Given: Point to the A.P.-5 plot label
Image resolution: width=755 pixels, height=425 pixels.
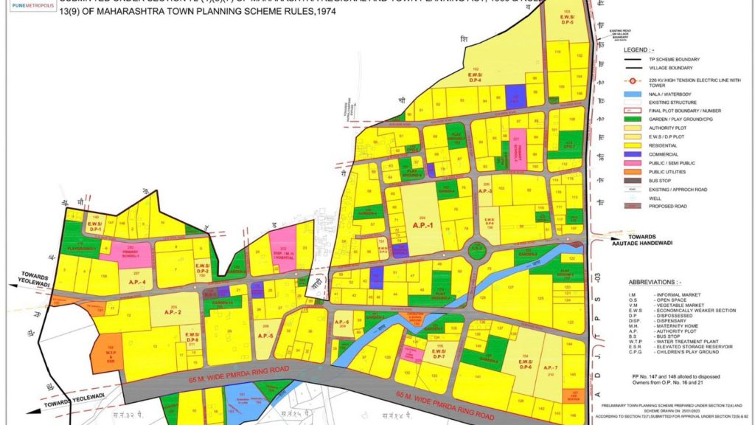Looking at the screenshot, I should [x=265, y=336].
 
